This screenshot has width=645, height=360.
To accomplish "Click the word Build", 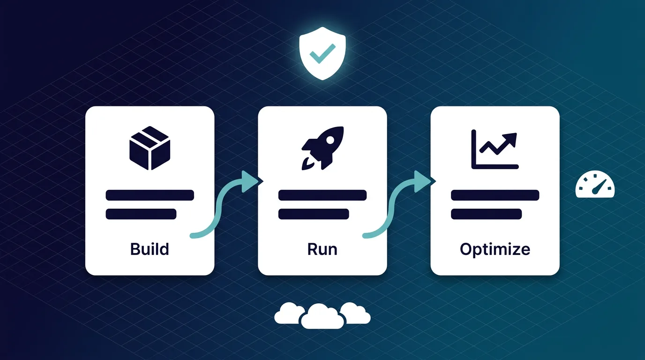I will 150,248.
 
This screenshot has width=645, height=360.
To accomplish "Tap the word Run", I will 322,248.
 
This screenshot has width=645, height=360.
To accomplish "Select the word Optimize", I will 495,248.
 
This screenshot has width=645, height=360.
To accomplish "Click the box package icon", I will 149,148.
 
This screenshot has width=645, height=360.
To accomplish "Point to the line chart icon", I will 495,149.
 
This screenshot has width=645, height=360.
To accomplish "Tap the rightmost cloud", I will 355,313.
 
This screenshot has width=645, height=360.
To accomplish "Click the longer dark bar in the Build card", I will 150,195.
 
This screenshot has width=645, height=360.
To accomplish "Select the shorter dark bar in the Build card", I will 141,214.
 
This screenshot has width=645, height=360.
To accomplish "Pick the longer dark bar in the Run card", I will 322,195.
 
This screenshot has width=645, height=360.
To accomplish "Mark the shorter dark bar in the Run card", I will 313,214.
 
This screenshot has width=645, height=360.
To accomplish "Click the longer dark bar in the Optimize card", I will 495,195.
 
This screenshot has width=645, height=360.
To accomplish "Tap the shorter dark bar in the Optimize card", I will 486,214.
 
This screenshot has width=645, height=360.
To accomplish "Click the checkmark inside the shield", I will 322,53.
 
